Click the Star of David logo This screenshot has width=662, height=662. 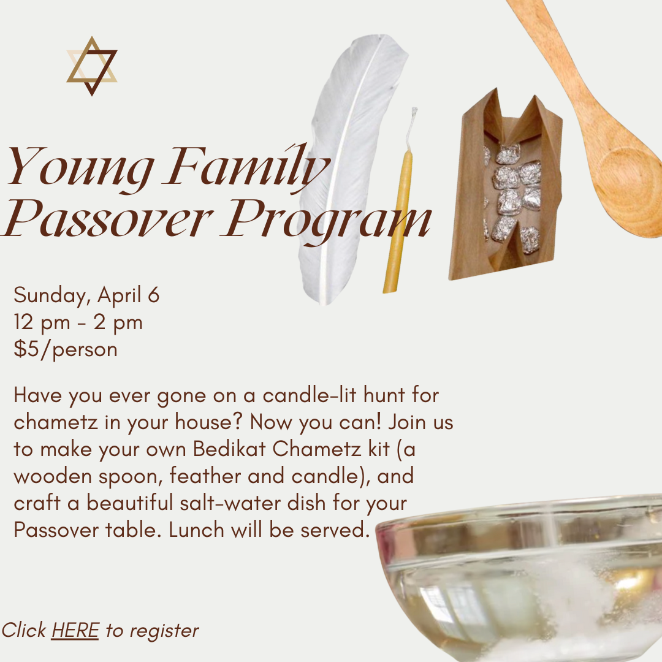point(91,66)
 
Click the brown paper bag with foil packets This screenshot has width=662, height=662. point(506,186)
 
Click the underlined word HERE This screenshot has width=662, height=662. point(75,630)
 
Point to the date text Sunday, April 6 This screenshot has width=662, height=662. point(86,295)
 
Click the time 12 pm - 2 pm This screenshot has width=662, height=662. point(78,322)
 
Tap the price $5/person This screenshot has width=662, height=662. point(66,349)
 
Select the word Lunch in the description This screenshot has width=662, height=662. point(196,530)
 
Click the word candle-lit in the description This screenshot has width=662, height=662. point(310,395)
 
